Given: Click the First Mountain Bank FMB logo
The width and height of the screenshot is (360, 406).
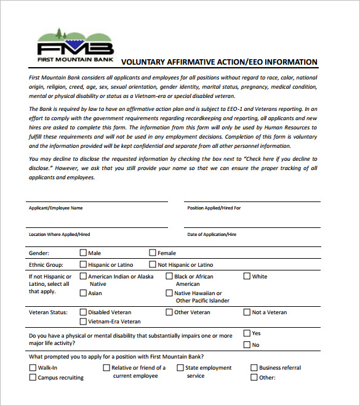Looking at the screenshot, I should (x=75, y=44).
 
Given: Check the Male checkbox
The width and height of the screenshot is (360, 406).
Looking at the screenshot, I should (x=83, y=253).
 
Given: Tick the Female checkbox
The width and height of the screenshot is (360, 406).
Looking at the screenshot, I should (x=153, y=253).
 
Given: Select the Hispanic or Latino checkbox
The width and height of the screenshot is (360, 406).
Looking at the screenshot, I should (x=83, y=264).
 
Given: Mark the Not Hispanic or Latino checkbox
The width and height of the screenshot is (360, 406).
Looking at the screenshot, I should (x=153, y=264).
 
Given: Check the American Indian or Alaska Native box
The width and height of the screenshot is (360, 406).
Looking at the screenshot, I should (x=83, y=277).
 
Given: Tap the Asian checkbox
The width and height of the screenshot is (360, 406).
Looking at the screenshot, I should (x=83, y=293).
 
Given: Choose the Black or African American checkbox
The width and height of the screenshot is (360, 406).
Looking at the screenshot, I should (x=169, y=277).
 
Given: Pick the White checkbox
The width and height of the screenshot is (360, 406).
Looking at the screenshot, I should (x=247, y=277).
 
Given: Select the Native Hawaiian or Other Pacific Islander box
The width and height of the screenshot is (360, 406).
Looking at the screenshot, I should (x=169, y=293).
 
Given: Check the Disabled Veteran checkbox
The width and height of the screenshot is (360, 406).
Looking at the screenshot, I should (x=83, y=312).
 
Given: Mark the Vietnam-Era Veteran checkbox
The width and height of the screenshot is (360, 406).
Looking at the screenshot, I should (x=83, y=321).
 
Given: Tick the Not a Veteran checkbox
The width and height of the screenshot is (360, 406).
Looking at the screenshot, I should (x=247, y=312).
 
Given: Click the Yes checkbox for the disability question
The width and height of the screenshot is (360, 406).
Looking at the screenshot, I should (x=247, y=333).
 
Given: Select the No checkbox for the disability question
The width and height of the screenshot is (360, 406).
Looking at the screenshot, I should (x=247, y=344).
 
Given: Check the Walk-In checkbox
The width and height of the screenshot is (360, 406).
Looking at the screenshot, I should (x=33, y=368).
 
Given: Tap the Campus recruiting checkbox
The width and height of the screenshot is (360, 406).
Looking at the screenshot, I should (x=33, y=377).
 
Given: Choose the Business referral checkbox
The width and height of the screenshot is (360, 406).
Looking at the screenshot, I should (x=254, y=368).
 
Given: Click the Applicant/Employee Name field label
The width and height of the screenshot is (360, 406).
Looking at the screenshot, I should (x=55, y=208).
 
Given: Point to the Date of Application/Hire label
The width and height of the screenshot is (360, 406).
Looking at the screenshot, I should (x=212, y=235).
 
